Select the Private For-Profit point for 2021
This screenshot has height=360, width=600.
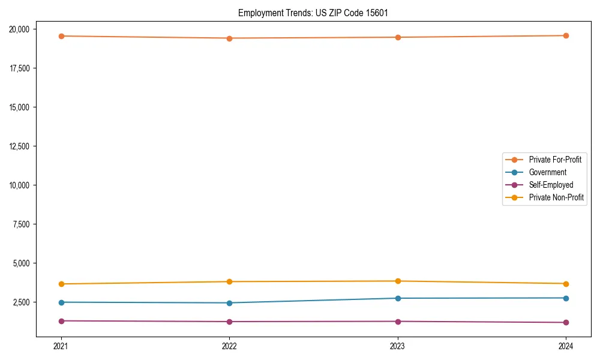pos(61,36)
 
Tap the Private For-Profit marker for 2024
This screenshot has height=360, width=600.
pos(566,35)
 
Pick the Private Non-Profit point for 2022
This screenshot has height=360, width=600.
pos(229,281)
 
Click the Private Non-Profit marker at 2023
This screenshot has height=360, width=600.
pos(398,281)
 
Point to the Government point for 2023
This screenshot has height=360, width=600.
pos(398,298)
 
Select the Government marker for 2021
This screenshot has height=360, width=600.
pos(61,302)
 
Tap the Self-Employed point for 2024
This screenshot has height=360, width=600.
pos(566,322)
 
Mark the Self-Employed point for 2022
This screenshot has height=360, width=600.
pos(229,322)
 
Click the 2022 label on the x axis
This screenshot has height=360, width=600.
pos(229,346)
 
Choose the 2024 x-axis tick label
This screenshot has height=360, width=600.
pos(566,346)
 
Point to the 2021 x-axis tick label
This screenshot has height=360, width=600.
pos(61,346)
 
